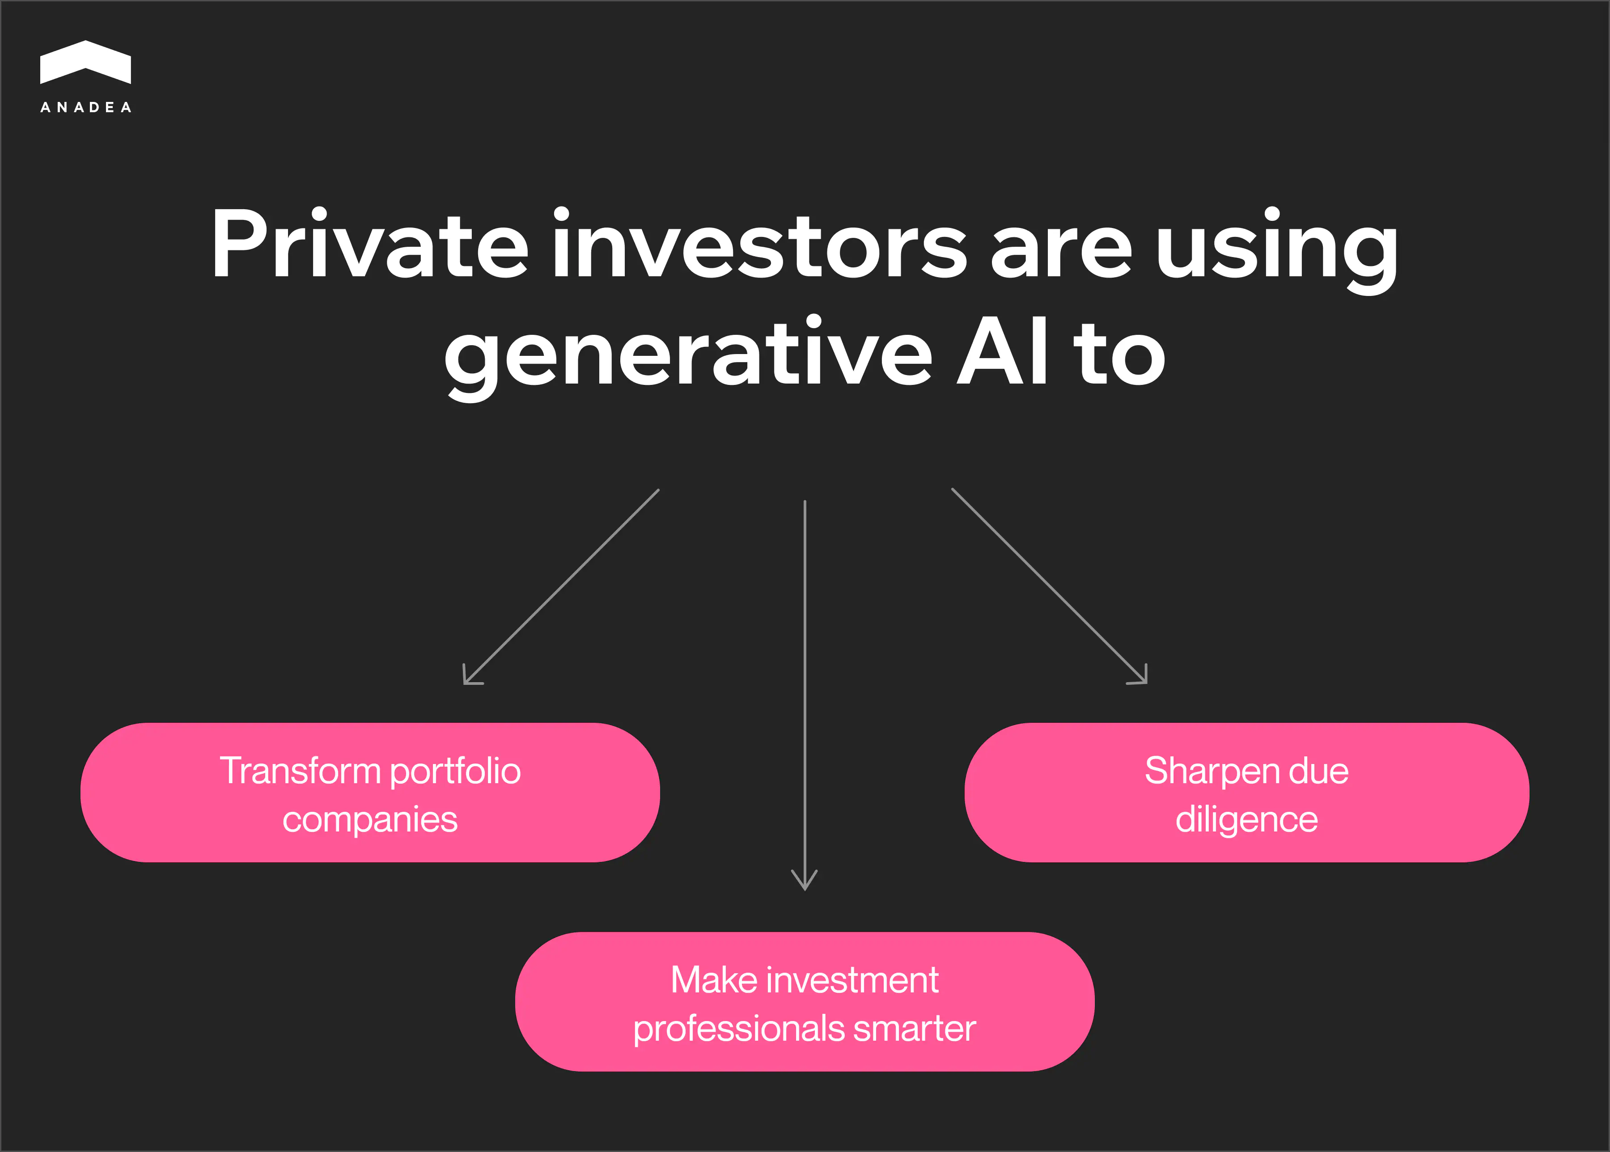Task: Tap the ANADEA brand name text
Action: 86,107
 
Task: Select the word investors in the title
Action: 760,243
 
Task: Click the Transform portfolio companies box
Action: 370,792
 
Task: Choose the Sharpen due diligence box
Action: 1247,792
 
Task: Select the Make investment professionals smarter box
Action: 805,1002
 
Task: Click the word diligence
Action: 1247,820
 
